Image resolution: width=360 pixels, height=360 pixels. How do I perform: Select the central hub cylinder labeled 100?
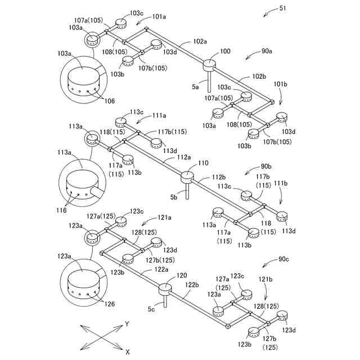click(209, 65)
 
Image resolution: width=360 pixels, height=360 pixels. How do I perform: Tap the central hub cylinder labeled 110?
click(187, 178)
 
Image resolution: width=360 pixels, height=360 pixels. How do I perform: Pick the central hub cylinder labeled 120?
click(166, 289)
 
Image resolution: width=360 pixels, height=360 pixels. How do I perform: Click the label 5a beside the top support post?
click(195, 87)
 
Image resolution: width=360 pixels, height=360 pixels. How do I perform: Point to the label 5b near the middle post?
click(174, 197)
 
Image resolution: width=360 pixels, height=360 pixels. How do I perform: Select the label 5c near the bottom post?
click(152, 309)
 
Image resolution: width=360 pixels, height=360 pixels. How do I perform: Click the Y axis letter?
click(127, 324)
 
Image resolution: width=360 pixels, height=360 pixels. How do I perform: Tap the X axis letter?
click(128, 352)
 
